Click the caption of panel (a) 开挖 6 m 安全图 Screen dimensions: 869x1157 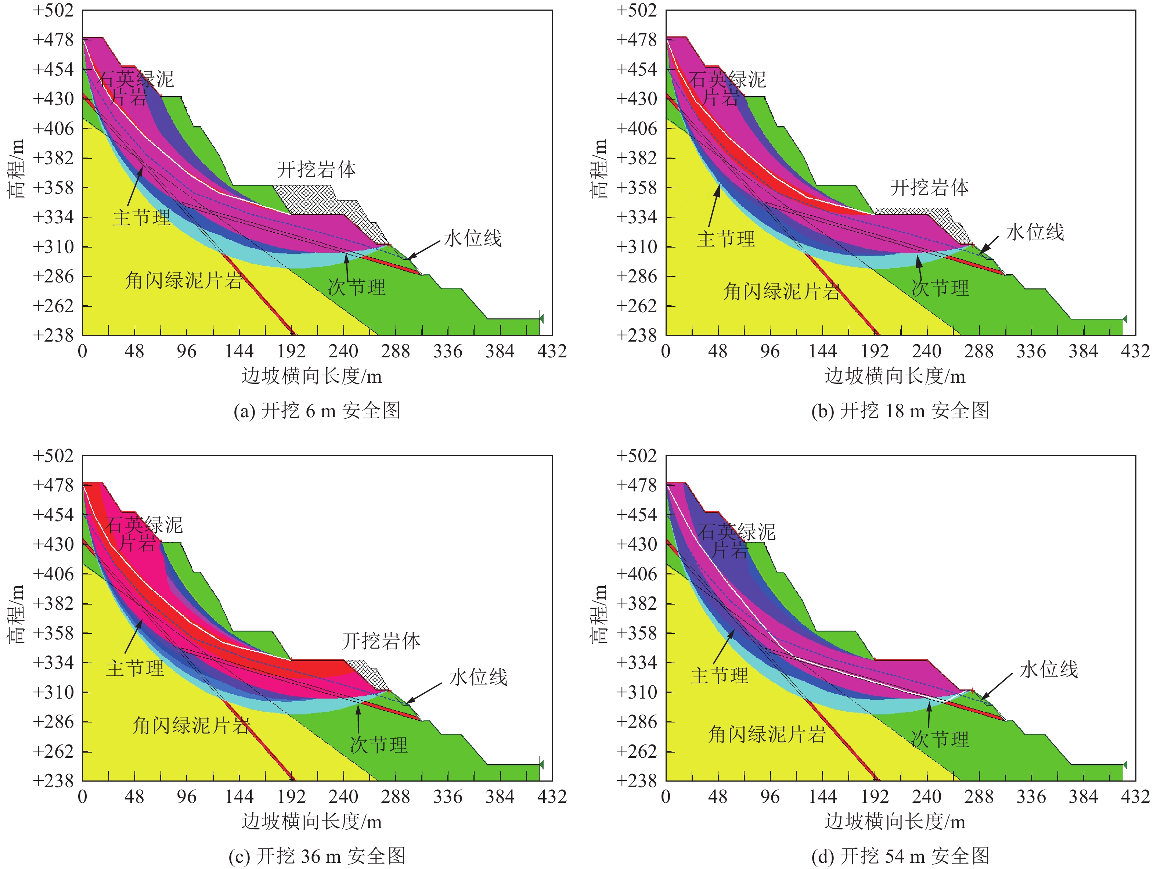pyautogui.click(x=317, y=411)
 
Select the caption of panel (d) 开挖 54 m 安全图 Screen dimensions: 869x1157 pyautogui.click(x=900, y=856)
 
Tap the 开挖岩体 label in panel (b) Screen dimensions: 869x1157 pyautogui.click(x=930, y=187)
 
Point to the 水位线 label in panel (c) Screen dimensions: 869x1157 pyautogui.click(x=478, y=677)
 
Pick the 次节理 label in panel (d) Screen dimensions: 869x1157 pyautogui.click(x=940, y=739)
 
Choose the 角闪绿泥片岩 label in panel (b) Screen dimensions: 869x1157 pyautogui.click(x=782, y=291)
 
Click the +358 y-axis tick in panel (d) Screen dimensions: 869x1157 pyautogui.click(x=637, y=632)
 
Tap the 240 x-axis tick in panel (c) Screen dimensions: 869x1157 pyautogui.click(x=343, y=797)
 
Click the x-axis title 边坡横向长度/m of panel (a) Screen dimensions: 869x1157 pyautogui.click(x=312, y=376)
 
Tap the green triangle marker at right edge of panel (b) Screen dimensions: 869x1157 pyautogui.click(x=1125, y=318)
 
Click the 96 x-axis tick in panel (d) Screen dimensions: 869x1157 pyautogui.click(x=770, y=797)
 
